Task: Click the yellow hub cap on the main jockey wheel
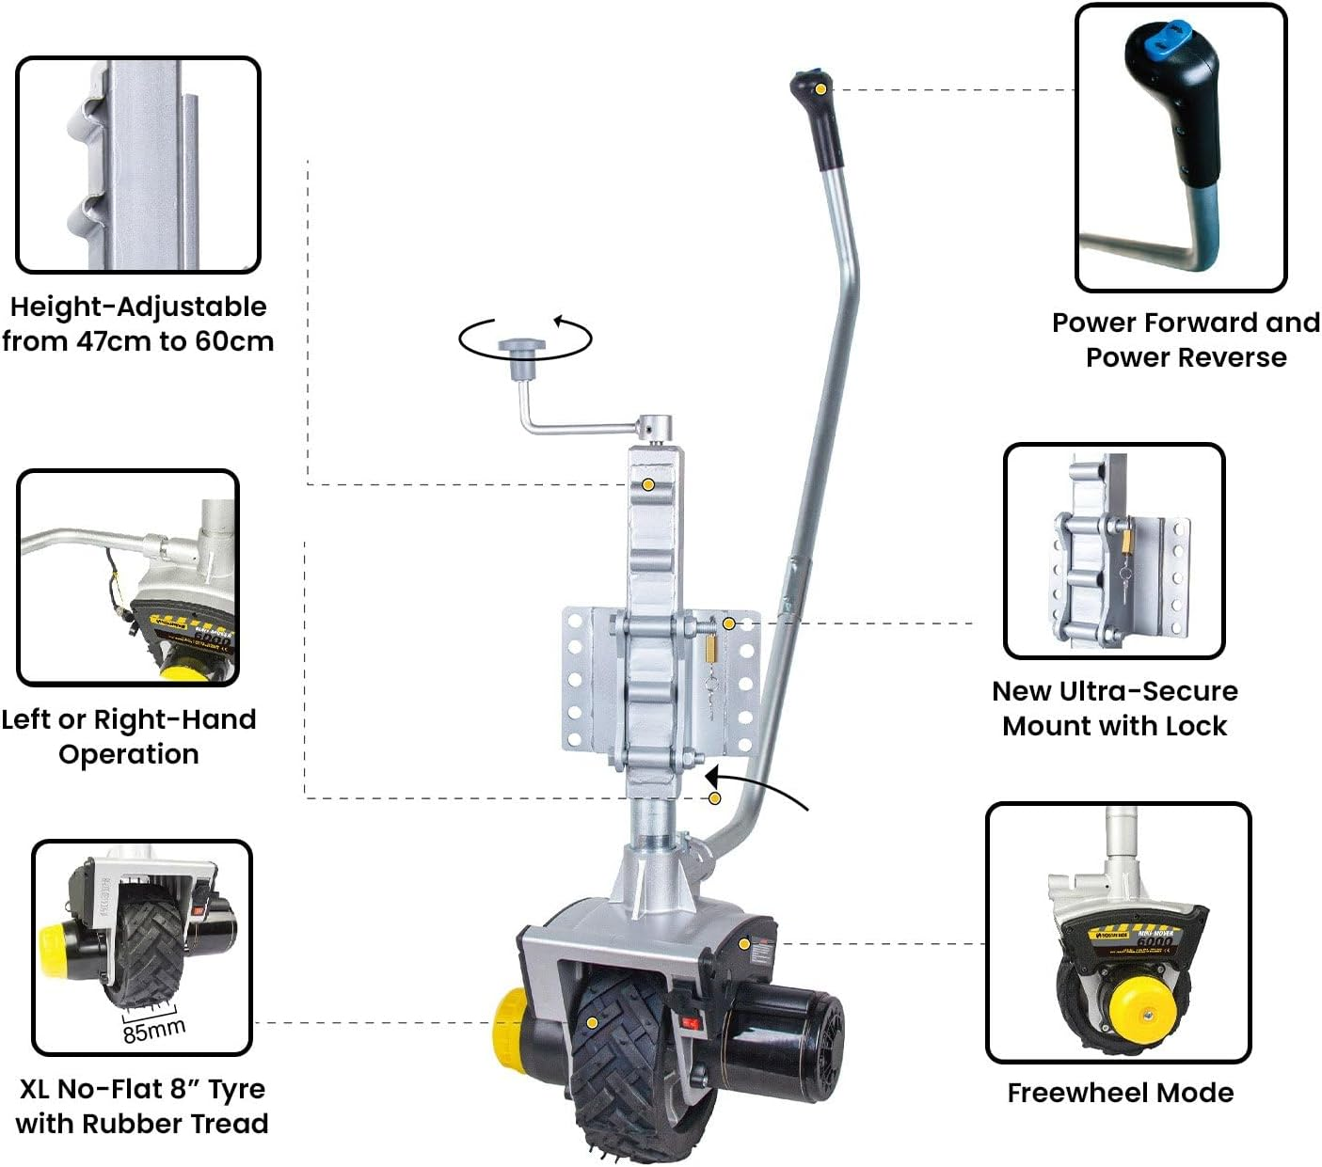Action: [509, 1020]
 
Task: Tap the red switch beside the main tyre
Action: [690, 1024]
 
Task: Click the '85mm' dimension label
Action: [153, 1031]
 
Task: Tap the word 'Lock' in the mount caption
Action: [1196, 726]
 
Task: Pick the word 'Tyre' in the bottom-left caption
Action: [236, 1089]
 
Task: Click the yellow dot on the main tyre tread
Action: [592, 1022]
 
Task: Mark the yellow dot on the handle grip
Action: [821, 88]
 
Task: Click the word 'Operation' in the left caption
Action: [129, 754]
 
